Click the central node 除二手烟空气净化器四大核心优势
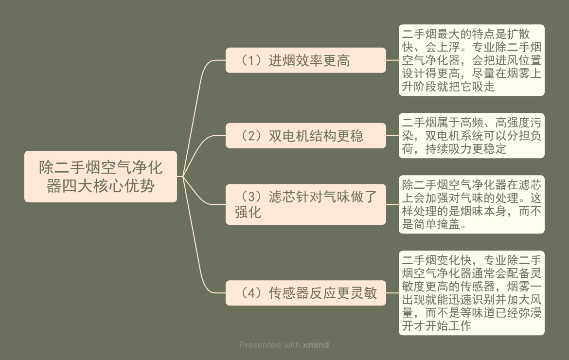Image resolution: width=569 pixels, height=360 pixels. point(101,177)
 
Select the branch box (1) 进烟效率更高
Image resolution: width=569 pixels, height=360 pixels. point(305,60)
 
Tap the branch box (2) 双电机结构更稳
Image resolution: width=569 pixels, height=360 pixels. point(305,136)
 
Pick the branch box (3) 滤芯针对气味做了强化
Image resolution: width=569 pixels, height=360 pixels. point(305,204)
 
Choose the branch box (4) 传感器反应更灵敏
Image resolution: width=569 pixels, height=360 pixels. point(305,293)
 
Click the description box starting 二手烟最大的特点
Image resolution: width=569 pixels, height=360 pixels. point(471,60)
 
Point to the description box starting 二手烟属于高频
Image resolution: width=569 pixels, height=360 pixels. point(471,136)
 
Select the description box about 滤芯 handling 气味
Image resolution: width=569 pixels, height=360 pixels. point(471,204)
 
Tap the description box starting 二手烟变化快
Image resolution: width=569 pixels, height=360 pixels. point(471,293)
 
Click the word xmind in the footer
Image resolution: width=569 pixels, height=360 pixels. point(316,345)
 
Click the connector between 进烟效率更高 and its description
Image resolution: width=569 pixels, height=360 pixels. point(392,60)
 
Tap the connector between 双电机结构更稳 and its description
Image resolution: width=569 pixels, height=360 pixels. point(392,136)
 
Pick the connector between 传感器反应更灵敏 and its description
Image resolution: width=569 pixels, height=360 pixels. point(392,293)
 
